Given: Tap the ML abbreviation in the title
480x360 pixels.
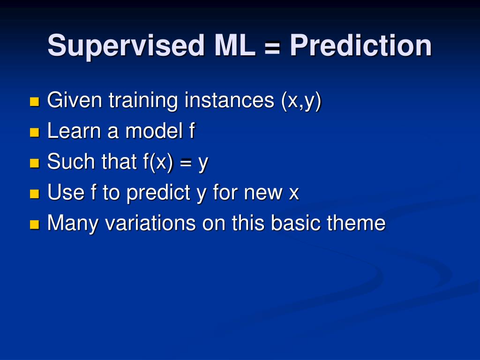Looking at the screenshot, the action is [x=235, y=45].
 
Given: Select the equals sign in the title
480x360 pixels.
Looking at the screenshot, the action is [x=272, y=48].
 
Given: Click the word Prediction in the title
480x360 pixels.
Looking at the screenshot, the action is [x=360, y=45].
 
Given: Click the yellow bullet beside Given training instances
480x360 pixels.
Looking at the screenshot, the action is [x=35, y=101].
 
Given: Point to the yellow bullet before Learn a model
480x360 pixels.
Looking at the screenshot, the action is [x=35, y=132].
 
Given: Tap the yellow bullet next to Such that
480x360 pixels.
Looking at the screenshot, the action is [x=35, y=163].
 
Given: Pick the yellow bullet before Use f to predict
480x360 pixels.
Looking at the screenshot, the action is [x=35, y=194].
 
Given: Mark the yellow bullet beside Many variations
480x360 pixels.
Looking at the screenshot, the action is [x=35, y=225].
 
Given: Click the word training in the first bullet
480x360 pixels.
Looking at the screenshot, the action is [x=143, y=101].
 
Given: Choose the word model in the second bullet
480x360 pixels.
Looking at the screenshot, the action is [x=154, y=131].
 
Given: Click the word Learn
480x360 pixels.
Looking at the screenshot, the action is [x=74, y=131].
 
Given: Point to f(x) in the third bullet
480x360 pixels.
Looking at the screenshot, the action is [x=158, y=162].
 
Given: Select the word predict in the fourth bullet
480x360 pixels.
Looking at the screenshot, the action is [x=158, y=193].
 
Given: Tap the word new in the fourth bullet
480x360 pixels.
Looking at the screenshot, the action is [x=263, y=194].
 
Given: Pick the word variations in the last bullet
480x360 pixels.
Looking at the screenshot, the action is [x=150, y=223].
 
